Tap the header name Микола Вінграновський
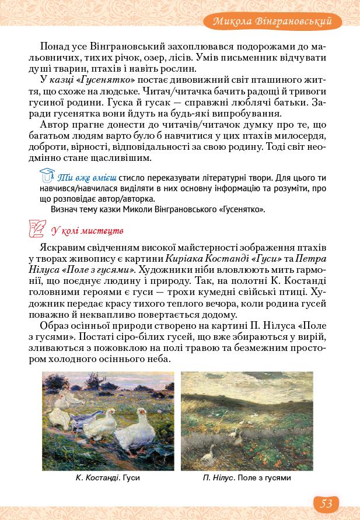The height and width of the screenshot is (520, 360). click(x=277, y=22)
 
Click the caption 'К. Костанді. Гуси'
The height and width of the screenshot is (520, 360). click(x=108, y=478)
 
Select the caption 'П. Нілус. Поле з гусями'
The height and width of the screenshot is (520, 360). click(x=247, y=478)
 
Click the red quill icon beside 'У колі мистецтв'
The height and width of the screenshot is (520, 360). click(x=37, y=229)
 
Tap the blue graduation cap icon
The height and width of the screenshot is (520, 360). click(x=46, y=174)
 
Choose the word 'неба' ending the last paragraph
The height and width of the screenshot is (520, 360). click(x=158, y=359)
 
